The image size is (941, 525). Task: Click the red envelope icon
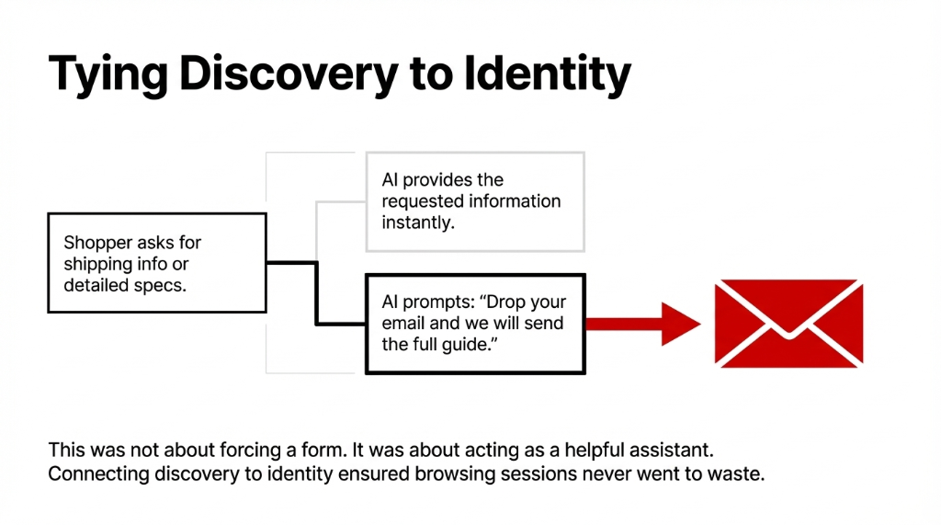pyautogui.click(x=788, y=323)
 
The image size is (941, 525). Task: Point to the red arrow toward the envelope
pyautogui.click(x=642, y=323)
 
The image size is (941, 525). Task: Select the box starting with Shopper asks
pyautogui.click(x=156, y=263)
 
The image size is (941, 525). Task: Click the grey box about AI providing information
pyautogui.click(x=474, y=201)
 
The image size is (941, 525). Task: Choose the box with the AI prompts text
pyautogui.click(x=474, y=323)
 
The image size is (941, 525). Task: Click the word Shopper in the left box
pyautogui.click(x=94, y=243)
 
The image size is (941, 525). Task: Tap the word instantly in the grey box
pyautogui.click(x=418, y=222)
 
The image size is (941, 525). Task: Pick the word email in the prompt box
pyautogui.click(x=405, y=324)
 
